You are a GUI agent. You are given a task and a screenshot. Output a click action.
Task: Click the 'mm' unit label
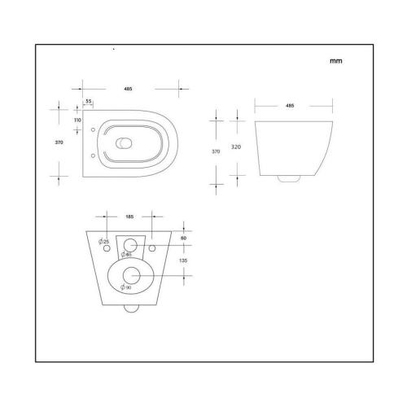pos(335,61)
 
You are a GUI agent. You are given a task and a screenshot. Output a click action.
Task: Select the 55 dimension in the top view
pos(88,101)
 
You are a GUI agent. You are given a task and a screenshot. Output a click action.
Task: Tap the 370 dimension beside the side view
pos(216,151)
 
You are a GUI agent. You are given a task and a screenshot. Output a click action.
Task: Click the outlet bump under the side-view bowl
pos(287,176)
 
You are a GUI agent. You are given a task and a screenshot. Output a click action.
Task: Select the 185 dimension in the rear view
pos(130,218)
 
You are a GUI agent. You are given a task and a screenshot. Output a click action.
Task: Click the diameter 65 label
pos(126,254)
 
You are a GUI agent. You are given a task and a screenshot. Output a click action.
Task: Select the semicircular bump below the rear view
pos(130,309)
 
